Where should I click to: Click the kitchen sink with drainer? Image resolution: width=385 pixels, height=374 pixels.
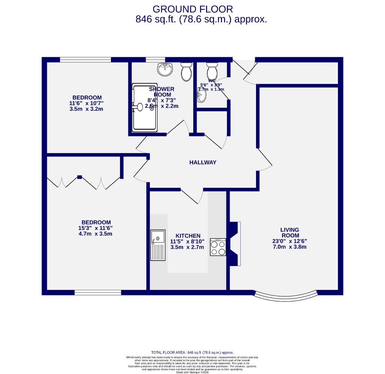(158, 245)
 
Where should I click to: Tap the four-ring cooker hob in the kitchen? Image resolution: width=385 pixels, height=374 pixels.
(218, 247)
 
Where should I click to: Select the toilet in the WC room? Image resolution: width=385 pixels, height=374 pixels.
(212, 71)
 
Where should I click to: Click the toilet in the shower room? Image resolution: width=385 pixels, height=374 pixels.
(186, 71)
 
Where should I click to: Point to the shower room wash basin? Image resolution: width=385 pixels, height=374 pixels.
(165, 69)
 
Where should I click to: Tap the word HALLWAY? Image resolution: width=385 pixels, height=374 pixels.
(203, 162)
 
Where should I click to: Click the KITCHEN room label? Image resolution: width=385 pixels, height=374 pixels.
(188, 236)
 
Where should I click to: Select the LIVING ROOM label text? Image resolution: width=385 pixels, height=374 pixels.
(290, 232)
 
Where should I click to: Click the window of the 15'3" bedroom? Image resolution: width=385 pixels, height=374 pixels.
(98, 293)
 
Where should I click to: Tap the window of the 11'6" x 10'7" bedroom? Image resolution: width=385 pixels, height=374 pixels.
(85, 60)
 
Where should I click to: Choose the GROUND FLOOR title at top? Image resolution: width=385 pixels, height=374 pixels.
(193, 9)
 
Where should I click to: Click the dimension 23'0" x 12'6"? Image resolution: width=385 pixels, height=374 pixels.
(290, 241)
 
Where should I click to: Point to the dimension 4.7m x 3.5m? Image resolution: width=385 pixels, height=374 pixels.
(95, 234)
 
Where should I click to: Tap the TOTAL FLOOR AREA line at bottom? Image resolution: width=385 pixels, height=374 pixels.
(192, 352)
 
